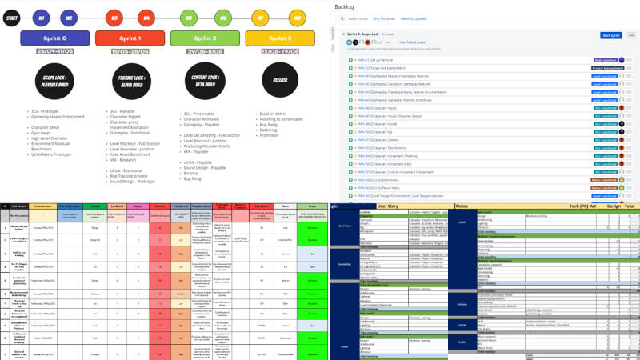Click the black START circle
point(12,15)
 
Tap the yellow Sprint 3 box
point(273,38)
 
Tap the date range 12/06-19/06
point(273,52)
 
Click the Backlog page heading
point(353,7)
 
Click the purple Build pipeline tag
point(605,59)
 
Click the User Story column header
point(388,206)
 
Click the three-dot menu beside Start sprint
point(630,35)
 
